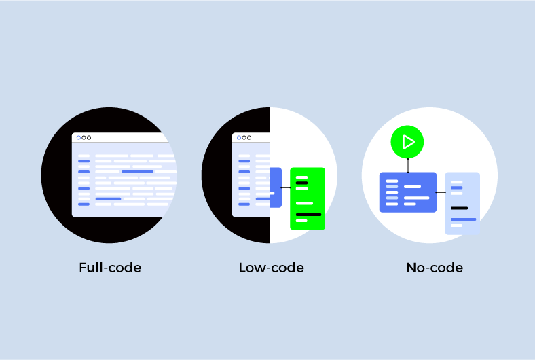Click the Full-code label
pyautogui.click(x=110, y=268)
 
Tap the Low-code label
pyautogui.click(x=271, y=268)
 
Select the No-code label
pyautogui.click(x=435, y=268)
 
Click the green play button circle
pyautogui.click(x=407, y=143)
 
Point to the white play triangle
pyautogui.click(x=408, y=143)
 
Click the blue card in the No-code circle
pyautogui.click(x=407, y=192)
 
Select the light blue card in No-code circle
pyautogui.click(x=462, y=203)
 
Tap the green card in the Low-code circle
pyautogui.click(x=308, y=198)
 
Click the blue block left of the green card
pyautogui.click(x=276, y=187)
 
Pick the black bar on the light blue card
pyautogui.click(x=460, y=208)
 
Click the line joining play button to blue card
pyautogui.click(x=407, y=165)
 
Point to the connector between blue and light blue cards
pyautogui.click(x=441, y=192)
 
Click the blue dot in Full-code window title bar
pyautogui.click(x=79, y=137)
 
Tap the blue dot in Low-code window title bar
pyautogui.click(x=239, y=137)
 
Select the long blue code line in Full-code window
pyautogui.click(x=137, y=172)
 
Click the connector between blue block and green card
pyautogui.click(x=286, y=187)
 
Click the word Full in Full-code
pyautogui.click(x=90, y=268)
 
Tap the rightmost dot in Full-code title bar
pyautogui.click(x=89, y=137)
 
